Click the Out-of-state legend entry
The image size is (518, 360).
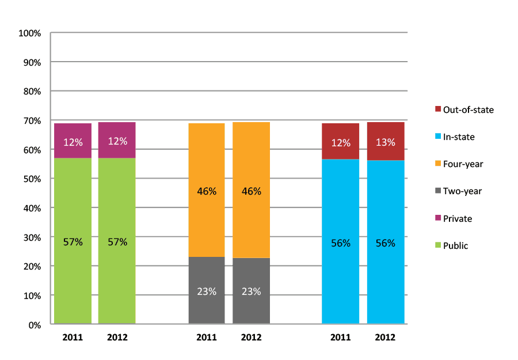coord(468,109)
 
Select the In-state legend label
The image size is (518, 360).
coord(459,137)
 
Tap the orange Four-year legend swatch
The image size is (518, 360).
coord(437,164)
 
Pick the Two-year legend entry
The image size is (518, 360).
coord(462,191)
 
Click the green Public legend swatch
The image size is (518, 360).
coord(437,246)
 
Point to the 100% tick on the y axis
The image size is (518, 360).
coord(30,33)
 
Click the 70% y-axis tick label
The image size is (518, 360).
coord(32,121)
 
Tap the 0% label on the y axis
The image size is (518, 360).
coord(34,325)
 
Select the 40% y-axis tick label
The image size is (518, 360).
coord(32,208)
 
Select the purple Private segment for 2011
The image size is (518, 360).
coord(73,141)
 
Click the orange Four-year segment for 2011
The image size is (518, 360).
coord(207,190)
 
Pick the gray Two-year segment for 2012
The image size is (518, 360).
coord(251,291)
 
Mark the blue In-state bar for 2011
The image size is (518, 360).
coord(340,242)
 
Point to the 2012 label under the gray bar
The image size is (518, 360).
coord(251,338)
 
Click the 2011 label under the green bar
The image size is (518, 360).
coord(73,338)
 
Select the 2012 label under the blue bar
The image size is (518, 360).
coord(385,338)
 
